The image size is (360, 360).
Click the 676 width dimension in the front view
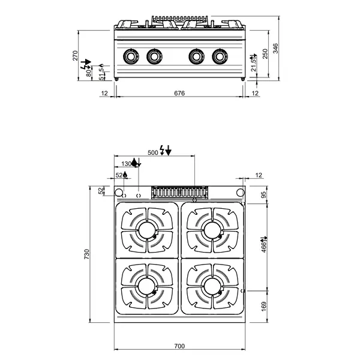(179, 93)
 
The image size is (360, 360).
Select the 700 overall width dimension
(179, 346)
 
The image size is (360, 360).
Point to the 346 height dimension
(275, 49)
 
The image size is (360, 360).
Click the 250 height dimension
(265, 55)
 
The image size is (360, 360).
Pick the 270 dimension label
(76, 56)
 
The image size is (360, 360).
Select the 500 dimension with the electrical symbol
(152, 152)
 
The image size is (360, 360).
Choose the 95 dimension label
(263, 196)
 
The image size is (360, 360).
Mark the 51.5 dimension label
(101, 73)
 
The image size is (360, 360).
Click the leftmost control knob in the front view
(131, 57)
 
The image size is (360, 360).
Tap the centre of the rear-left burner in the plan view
(147, 230)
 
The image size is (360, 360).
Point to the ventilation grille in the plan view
(179, 192)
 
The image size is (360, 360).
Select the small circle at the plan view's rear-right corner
(239, 192)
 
